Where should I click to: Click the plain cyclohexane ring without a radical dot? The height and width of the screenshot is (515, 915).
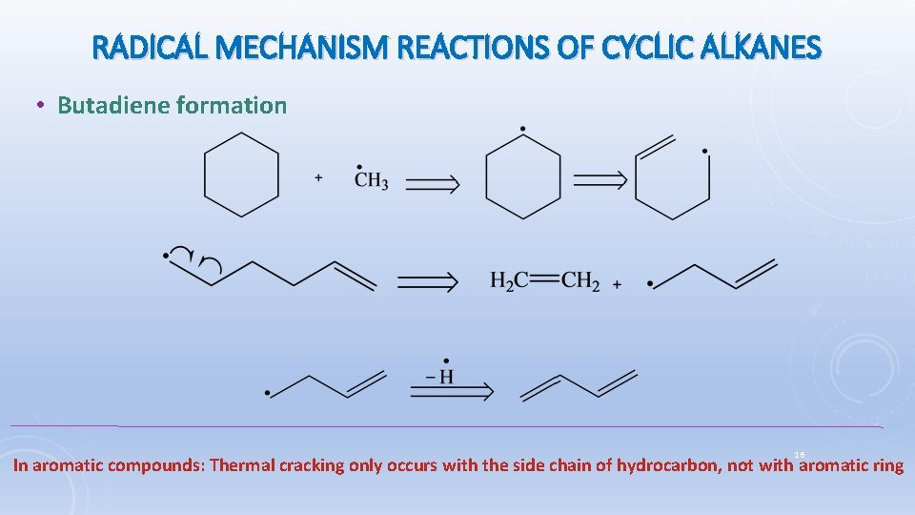pos(242,175)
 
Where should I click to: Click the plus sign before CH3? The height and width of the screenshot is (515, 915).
pos(318,177)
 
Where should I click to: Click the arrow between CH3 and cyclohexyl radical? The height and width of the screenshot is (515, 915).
pos(432,183)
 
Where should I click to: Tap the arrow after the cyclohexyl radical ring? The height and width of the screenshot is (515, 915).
pos(598,181)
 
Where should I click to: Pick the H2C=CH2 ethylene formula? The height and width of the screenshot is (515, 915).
pos(545,281)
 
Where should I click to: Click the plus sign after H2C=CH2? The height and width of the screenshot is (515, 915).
pos(617,284)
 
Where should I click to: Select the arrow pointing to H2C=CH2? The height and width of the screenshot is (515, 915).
pos(427,281)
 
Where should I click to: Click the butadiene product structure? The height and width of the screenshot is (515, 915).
pos(579,385)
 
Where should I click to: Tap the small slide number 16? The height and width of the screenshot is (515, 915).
pos(800,455)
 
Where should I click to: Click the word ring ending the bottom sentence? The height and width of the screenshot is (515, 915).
pos(885,466)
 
